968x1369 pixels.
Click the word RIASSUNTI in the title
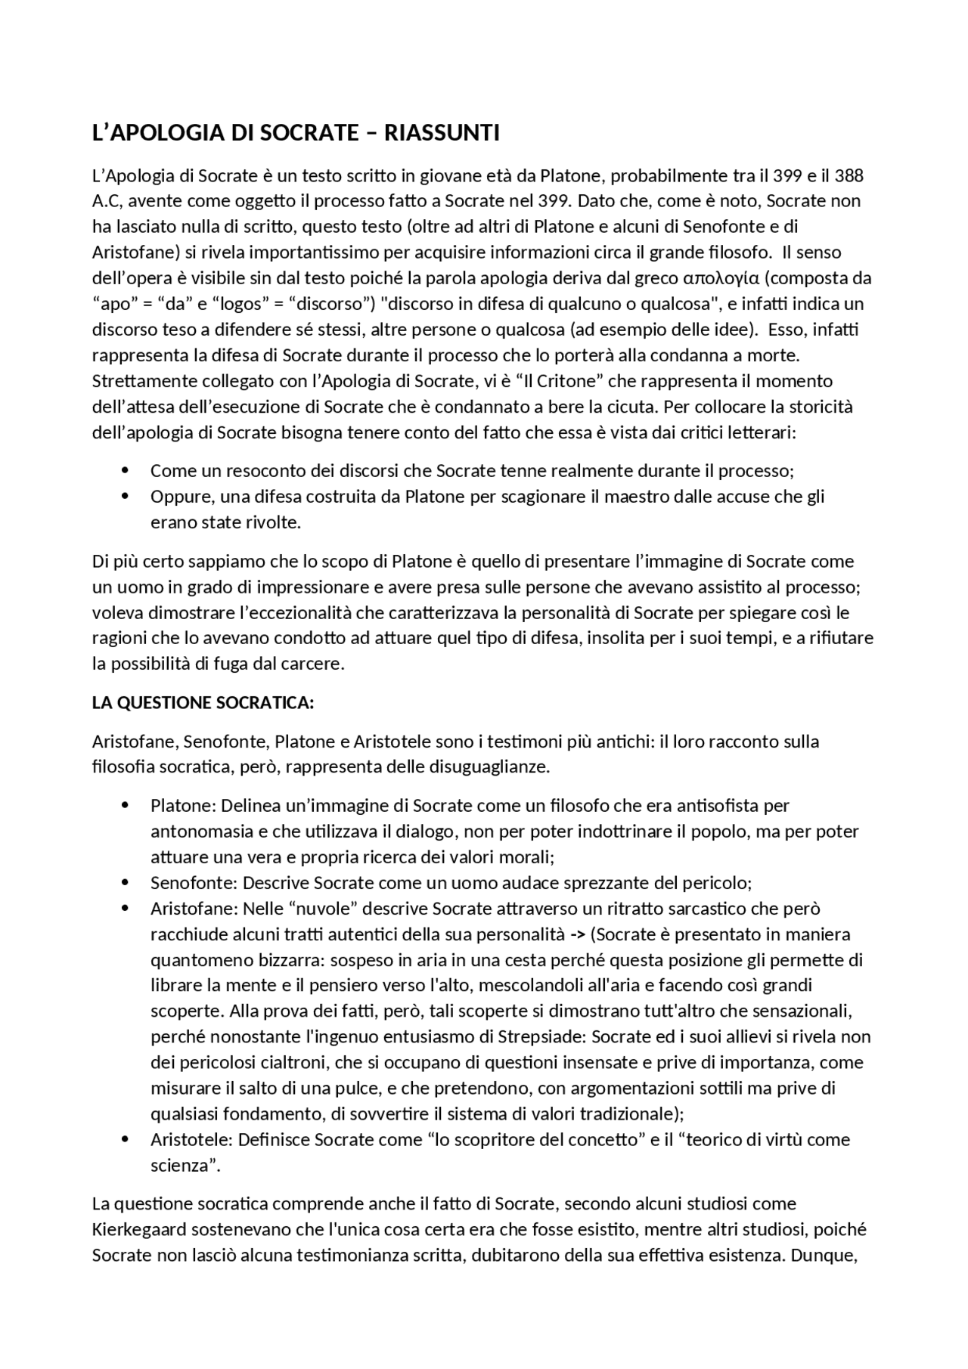[442, 133]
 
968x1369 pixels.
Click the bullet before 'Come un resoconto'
[125, 471]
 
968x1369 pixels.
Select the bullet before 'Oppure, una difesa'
[125, 497]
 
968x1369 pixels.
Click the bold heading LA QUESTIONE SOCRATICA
[203, 703]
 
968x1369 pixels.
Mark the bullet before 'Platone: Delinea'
[125, 806]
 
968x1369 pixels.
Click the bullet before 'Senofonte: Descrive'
[125, 883]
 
